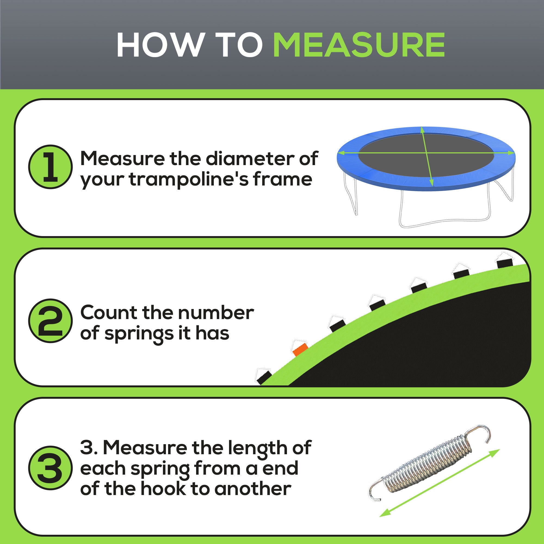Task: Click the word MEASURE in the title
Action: (359, 45)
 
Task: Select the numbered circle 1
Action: (50, 167)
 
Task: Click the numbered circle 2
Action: (50, 321)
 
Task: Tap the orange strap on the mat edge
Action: (301, 350)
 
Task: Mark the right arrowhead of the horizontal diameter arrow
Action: (511, 153)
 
